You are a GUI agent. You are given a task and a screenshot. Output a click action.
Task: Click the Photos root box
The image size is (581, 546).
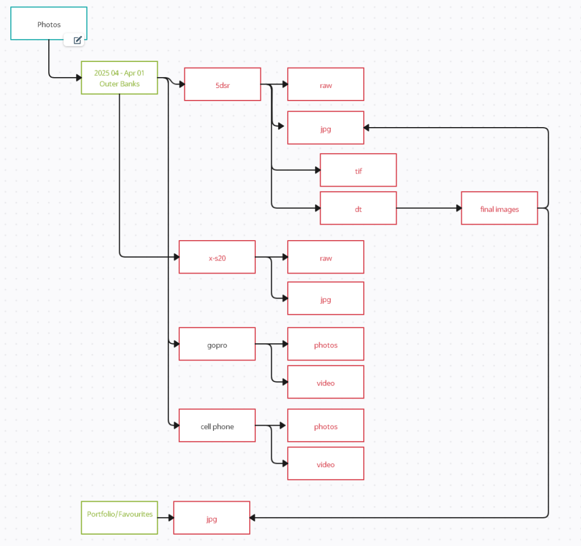click(49, 24)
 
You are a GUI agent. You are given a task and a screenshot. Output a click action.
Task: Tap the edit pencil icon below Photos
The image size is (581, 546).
click(78, 40)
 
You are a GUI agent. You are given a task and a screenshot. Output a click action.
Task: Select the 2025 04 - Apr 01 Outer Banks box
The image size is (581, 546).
click(119, 78)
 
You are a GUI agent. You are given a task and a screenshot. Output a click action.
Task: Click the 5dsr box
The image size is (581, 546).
click(222, 85)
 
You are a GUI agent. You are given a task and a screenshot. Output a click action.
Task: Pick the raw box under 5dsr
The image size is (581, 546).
click(325, 85)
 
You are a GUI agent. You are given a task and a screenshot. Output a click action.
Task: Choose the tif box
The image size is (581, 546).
click(358, 170)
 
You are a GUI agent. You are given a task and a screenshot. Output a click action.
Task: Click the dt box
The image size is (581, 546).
click(358, 208)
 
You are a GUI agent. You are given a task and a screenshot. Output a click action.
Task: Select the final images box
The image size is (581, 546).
click(499, 208)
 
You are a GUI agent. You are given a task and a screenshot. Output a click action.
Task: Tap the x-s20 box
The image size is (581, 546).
click(217, 257)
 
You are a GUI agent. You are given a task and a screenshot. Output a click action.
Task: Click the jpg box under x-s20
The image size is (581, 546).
click(325, 299)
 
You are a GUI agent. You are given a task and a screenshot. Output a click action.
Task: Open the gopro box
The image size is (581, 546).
click(217, 344)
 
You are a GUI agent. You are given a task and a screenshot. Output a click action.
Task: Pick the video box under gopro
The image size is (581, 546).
click(325, 382)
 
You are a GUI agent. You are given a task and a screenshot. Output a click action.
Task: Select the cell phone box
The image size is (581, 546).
click(217, 426)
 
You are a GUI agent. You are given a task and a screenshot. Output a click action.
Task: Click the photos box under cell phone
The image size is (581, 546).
click(325, 426)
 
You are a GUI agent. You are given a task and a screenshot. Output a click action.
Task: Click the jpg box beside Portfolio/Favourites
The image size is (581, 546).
click(212, 518)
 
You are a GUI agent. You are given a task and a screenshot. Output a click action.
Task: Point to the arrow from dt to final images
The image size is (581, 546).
click(428, 208)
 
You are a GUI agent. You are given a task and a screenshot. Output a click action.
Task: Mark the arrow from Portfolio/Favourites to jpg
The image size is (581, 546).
click(165, 518)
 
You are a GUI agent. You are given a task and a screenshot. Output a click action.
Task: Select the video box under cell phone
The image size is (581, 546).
click(325, 464)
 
